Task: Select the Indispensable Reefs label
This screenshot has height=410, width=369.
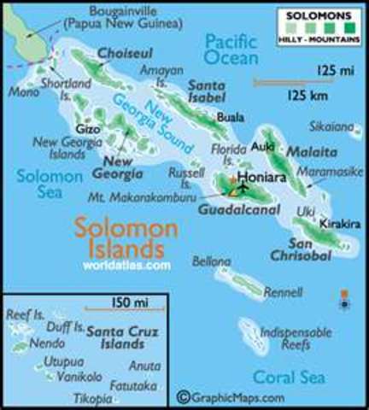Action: (296, 337)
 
